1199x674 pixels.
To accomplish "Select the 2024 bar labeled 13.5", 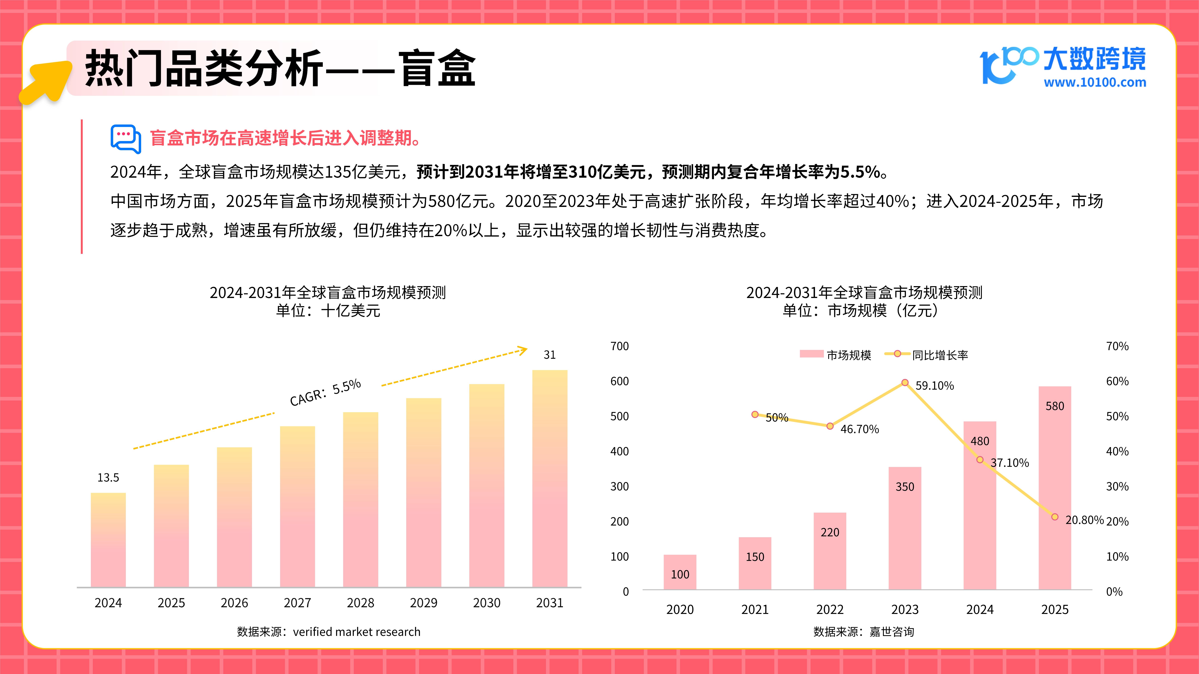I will (108, 540).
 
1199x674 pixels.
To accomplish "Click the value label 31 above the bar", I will (550, 355).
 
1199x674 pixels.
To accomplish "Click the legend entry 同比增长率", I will (926, 355).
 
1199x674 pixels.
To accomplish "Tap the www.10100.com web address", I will (1095, 83).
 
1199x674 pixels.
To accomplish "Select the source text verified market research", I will (357, 632).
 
